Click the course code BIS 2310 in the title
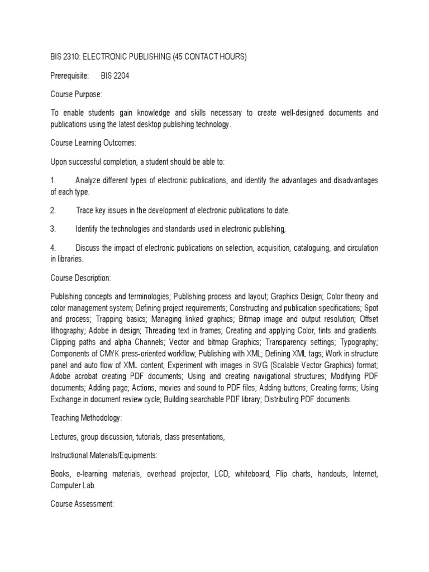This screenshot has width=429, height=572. point(66,56)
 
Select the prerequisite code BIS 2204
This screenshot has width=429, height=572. point(115,75)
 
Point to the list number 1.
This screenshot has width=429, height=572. point(54,180)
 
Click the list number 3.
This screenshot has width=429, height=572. point(54,228)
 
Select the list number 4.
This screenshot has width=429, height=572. point(54,247)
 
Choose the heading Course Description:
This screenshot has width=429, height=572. point(80,277)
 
